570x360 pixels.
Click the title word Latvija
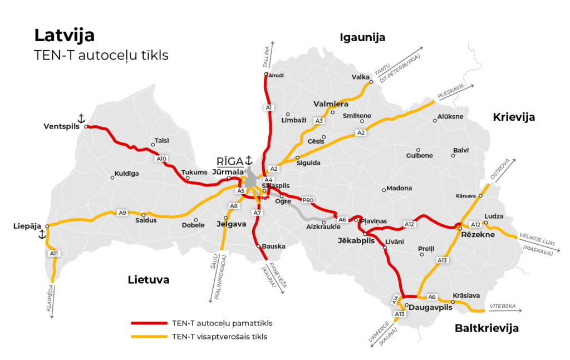pos(65,36)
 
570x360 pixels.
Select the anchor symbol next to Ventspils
pos(81,118)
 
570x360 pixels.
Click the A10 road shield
pos(161,159)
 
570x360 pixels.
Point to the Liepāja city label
pos(27,226)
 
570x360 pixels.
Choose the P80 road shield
pos(308,199)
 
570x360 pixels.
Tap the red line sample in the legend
pos(149,323)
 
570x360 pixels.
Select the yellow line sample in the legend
pos(149,337)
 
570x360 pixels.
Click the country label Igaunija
pos(362,37)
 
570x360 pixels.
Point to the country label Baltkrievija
pos(487,328)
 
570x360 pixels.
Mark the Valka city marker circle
pos(371,82)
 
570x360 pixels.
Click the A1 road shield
pos(268,107)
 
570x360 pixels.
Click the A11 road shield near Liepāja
pos(54,254)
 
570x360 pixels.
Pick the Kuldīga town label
pos(126,174)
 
